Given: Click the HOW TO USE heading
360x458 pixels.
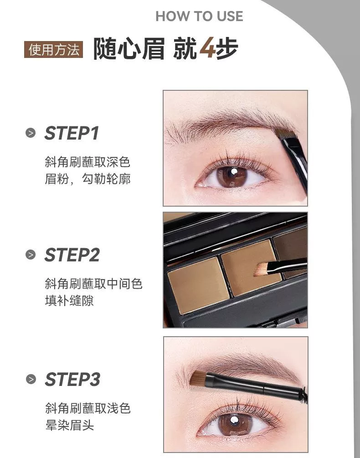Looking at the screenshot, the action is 199,16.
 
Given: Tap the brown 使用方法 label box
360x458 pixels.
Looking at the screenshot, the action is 53,49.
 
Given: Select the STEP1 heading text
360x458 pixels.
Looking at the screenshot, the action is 72,133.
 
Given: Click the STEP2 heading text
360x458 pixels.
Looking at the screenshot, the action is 72,255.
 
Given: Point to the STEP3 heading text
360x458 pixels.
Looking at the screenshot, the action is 72,379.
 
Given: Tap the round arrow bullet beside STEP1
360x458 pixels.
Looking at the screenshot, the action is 31,133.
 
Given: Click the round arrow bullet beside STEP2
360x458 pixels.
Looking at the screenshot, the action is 31,255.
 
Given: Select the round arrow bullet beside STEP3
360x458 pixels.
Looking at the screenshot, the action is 31,380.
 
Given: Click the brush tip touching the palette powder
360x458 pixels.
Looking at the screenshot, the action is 261,269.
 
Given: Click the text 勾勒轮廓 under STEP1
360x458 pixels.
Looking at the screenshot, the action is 106,179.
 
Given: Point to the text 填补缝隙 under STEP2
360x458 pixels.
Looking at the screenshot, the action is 69,301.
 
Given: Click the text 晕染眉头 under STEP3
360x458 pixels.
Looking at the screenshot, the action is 70,425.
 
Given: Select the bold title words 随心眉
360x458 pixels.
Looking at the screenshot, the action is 129,48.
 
